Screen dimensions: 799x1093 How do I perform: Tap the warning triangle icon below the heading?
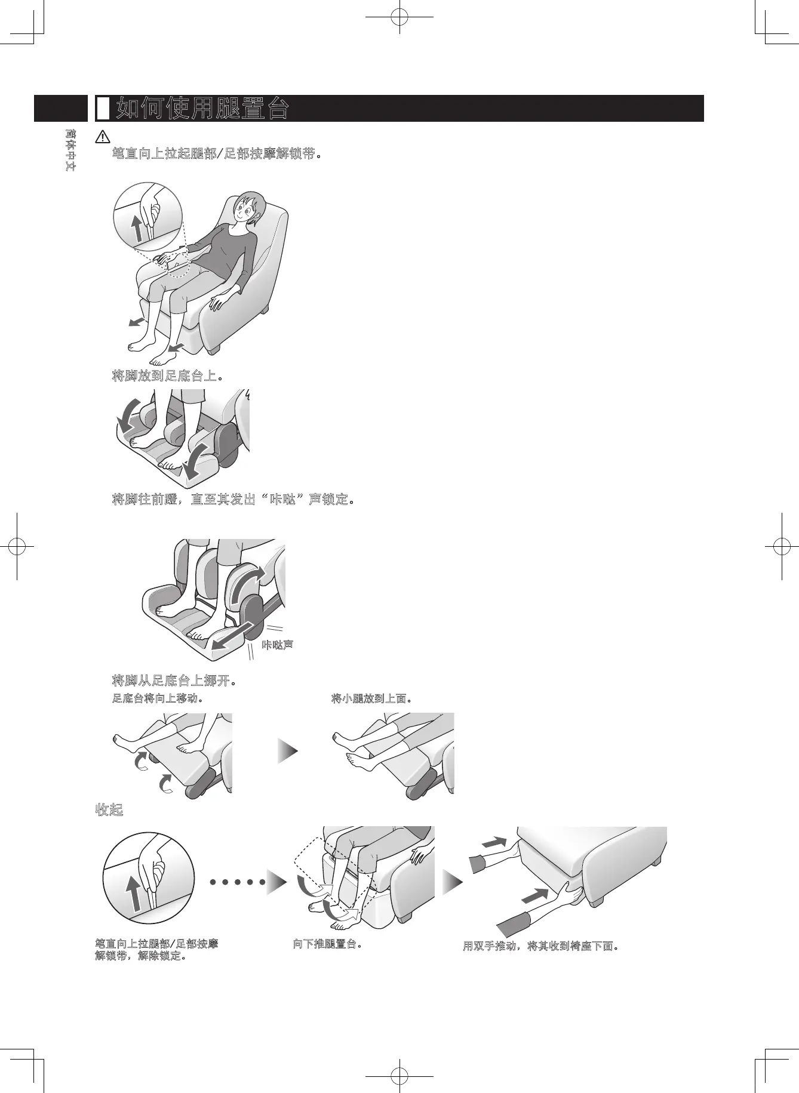(103, 137)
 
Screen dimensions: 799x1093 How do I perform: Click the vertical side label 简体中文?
(70, 150)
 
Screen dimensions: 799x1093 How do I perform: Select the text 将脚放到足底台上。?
(168, 376)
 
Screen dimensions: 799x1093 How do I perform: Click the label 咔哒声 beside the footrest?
(278, 645)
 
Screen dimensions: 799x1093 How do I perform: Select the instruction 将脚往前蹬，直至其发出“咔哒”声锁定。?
(233, 499)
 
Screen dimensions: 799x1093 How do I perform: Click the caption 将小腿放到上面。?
(371, 698)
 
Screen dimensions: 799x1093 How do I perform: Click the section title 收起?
(109, 810)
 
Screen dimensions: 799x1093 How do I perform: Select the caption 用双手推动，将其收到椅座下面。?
(540, 946)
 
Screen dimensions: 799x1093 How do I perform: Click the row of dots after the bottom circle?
(237, 882)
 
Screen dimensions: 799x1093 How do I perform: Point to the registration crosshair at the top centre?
(399, 17)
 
